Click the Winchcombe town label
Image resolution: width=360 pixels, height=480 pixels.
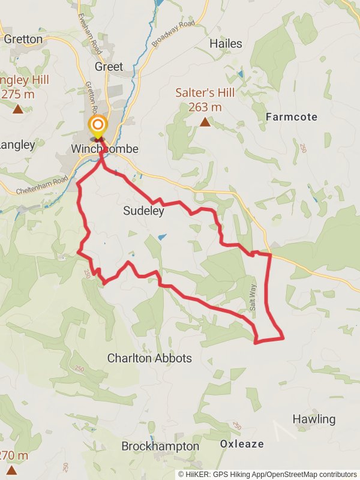coord(105,149)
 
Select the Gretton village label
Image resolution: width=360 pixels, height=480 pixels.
coord(23,39)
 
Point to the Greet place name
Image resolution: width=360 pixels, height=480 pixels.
coord(109,67)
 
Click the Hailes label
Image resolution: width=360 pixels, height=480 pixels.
coord(226,43)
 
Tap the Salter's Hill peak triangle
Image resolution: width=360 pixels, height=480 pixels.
coord(205,122)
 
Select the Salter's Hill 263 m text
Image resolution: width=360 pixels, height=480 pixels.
coord(199,100)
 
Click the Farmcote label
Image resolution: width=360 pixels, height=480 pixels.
coord(292,116)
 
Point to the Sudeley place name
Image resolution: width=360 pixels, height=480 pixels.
coord(143,211)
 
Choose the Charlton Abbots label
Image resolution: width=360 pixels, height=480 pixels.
coord(149,358)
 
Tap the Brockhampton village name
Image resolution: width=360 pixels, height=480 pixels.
coord(160,446)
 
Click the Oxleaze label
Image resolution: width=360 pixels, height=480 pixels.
coord(242,444)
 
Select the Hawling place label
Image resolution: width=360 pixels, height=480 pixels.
coord(314,419)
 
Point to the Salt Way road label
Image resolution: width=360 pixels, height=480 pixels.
coord(253,296)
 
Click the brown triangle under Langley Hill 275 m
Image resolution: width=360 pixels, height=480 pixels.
coord(18,109)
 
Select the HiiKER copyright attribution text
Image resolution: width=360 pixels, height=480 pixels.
coord(267,474)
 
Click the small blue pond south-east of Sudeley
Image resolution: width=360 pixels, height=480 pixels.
coord(161,237)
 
